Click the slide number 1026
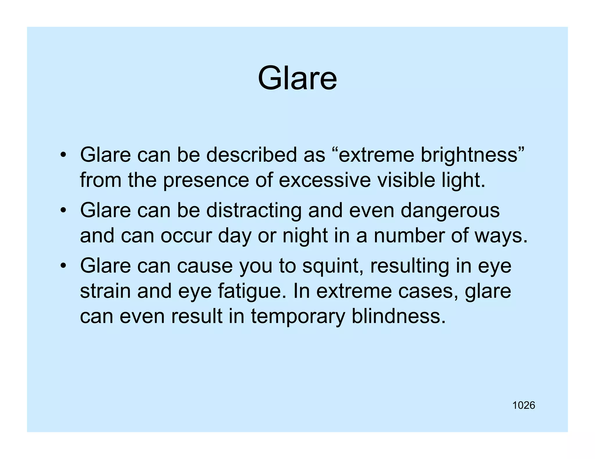click(524, 405)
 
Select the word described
click(251, 155)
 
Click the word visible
click(406, 180)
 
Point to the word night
click(305, 236)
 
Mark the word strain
click(105, 291)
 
